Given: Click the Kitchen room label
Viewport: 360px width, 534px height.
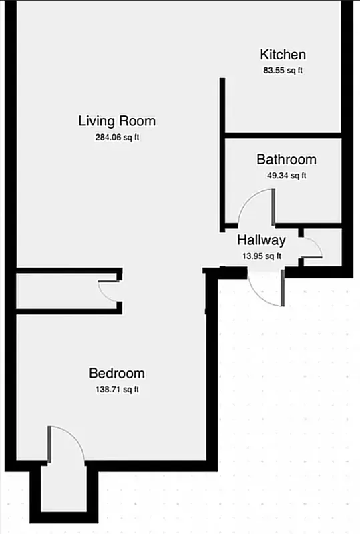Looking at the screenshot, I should click(x=283, y=55).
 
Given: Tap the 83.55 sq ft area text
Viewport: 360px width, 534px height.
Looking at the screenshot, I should click(x=283, y=70).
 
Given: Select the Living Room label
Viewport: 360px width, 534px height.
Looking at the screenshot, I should click(x=117, y=121).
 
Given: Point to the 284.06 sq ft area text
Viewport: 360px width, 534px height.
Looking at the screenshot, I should click(x=117, y=138).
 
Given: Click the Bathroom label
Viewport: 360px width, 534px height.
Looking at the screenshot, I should click(x=286, y=160).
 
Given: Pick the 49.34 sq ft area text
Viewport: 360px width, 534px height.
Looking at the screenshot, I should click(x=286, y=176).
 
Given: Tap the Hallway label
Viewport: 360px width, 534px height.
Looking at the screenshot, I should click(x=261, y=240).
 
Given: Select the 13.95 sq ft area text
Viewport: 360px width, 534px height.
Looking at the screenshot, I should click(x=261, y=256).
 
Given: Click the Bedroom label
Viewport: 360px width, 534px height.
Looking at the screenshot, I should click(x=117, y=373).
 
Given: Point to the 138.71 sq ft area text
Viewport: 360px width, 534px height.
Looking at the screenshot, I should click(x=117, y=389).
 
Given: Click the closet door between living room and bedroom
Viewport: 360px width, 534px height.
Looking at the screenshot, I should click(x=107, y=292).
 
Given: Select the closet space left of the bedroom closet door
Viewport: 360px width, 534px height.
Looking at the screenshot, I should click(x=57, y=290).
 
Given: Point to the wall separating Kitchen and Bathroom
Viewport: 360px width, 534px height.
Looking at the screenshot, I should click(x=283, y=135).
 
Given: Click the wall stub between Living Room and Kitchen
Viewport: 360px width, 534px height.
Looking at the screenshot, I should click(x=222, y=107).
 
